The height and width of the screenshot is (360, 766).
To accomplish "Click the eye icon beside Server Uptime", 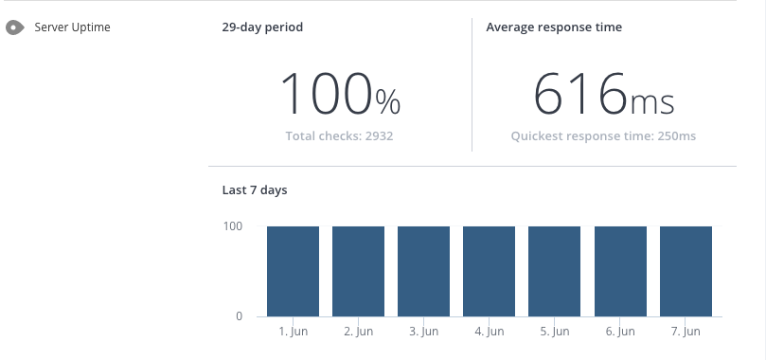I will pos(14,27).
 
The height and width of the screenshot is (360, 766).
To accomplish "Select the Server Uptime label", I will pos(72,27).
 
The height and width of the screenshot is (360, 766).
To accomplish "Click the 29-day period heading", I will pos(262,27).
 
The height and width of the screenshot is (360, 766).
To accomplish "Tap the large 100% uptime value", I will pos(340,95).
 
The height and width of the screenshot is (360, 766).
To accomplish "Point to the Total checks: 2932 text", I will pos(339,136).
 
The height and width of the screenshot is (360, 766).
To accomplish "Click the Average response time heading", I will pos(554,27).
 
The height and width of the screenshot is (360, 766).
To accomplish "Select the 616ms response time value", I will pos(603,95).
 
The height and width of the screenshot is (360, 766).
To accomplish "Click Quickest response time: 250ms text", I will pos(603,136).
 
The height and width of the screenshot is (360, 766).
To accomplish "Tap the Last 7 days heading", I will pos(254,190).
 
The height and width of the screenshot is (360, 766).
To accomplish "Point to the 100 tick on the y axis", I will pos(233,226).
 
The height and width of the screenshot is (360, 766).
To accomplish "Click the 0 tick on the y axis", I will pos(238,316).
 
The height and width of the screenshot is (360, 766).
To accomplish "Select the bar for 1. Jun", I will pos(293,271).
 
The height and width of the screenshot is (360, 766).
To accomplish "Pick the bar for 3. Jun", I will pos(423,271).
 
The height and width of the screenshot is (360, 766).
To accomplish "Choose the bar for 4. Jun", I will pos(489,271).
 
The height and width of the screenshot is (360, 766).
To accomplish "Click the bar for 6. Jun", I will pos(620,271).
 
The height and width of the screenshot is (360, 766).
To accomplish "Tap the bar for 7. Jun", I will pos(686,271).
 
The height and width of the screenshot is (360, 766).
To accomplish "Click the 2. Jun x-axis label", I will pos(358,333).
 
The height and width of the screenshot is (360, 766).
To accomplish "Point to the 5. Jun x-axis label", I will pos(554,333).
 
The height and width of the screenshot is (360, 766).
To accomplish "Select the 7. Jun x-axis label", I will pos(686,333).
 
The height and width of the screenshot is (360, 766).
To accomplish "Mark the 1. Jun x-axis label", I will pos(293,333).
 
